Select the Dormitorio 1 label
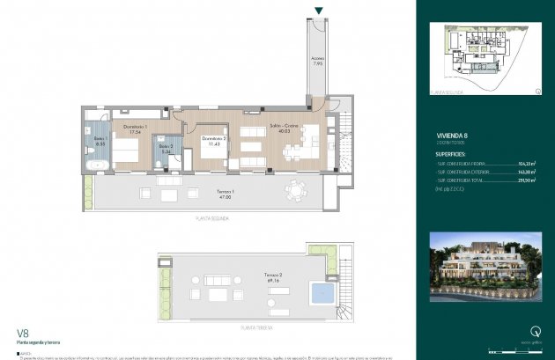[x=133, y=129]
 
